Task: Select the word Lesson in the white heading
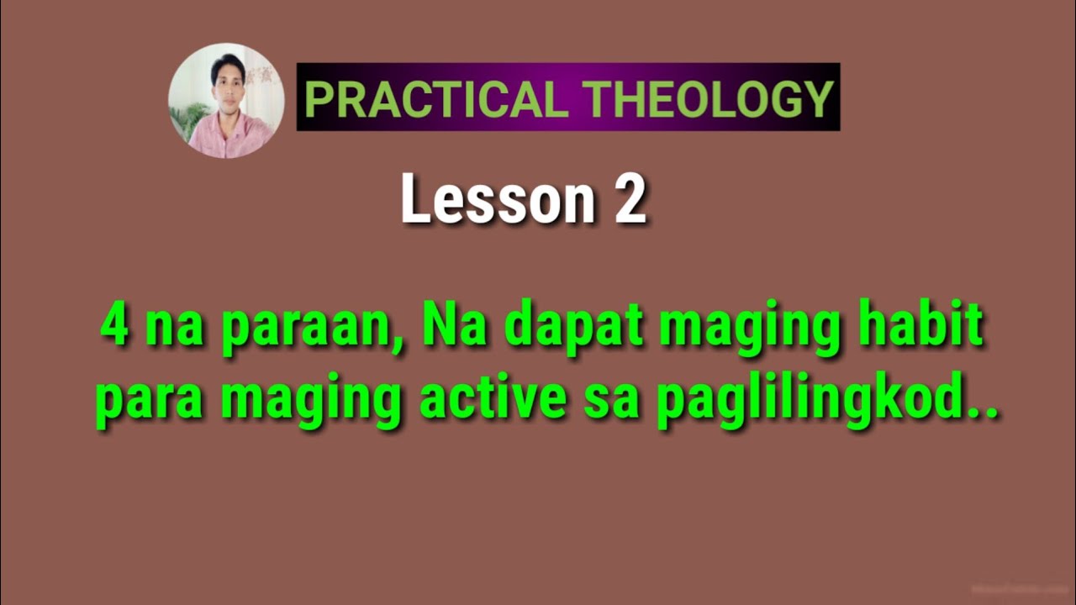coord(497,200)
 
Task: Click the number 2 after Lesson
coord(630,200)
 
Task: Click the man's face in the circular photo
coord(227,80)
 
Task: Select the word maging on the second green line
coord(310,402)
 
